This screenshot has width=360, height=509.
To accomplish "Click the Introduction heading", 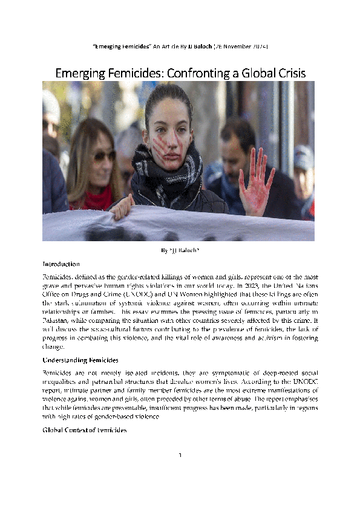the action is point(61,264).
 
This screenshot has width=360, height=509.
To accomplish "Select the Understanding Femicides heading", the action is point(80,360).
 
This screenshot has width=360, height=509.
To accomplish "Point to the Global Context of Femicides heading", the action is point(85,430).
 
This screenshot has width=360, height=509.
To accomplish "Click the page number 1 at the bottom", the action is point(180,472).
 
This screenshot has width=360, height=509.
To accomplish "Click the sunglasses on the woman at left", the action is point(103,156).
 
